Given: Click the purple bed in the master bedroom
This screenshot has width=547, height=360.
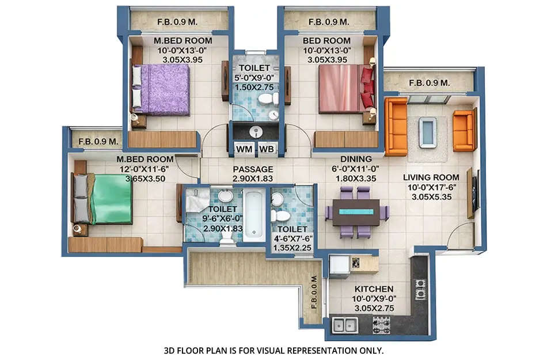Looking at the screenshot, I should point(161,89).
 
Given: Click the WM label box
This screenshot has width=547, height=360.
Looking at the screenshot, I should point(244,149).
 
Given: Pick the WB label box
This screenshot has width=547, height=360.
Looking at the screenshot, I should point(267,149).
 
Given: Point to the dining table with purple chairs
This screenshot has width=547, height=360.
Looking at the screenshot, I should point(356,212).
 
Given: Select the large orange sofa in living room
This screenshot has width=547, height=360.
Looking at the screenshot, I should point(396,126).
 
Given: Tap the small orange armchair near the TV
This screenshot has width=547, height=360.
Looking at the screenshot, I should point(464,130).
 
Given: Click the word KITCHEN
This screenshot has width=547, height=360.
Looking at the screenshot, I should point(374,289).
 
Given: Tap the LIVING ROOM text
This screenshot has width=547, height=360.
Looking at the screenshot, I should point(431,177).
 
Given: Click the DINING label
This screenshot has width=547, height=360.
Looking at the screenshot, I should point(355,159).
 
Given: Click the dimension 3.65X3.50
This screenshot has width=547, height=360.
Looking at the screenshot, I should point(145,179).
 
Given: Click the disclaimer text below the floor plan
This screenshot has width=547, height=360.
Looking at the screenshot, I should point(273,350).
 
